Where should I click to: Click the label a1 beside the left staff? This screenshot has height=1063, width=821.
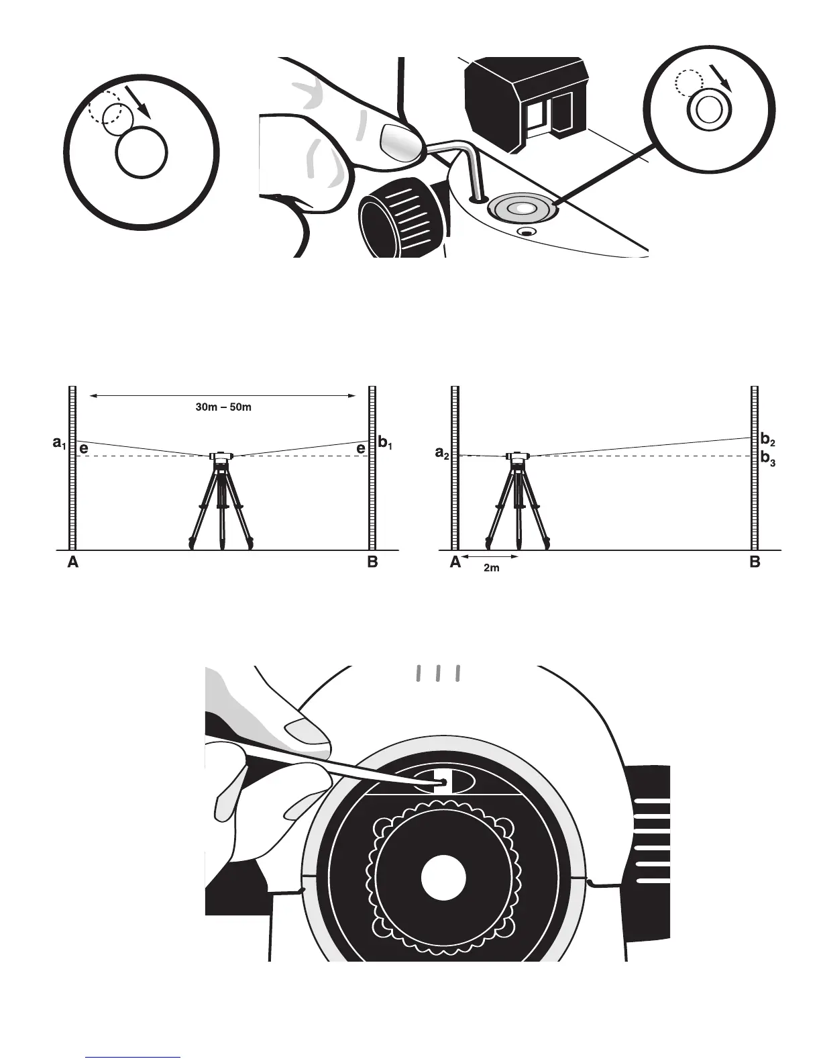(x=60, y=444)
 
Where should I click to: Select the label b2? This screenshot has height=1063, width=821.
(x=767, y=440)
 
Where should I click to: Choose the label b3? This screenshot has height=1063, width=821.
(x=767, y=460)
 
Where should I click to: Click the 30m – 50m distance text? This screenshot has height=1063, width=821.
(x=219, y=407)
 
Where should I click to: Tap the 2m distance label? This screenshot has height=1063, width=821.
(x=492, y=568)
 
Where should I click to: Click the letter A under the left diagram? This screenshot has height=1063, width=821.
(x=73, y=563)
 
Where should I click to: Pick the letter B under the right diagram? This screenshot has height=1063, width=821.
(x=755, y=563)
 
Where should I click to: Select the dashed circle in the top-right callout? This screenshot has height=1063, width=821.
(x=689, y=83)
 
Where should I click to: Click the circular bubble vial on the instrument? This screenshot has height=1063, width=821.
(x=522, y=209)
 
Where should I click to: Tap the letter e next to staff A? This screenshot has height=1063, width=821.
(x=84, y=450)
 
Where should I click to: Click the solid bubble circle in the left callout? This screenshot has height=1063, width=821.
(x=141, y=153)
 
